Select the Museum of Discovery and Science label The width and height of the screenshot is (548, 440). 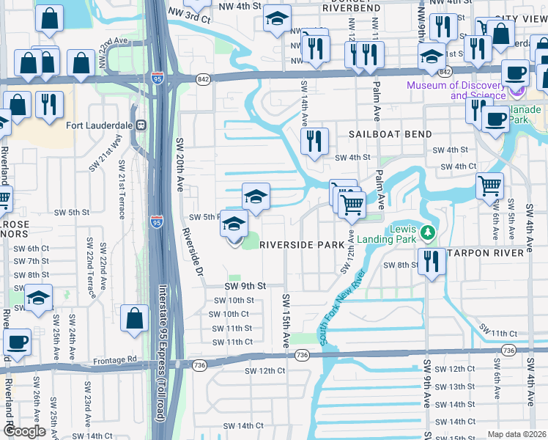coord(456,90)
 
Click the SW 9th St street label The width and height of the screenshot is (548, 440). coord(244,285)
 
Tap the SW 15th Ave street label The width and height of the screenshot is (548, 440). coord(285,320)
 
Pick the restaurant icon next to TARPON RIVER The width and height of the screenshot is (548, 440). coord(432,261)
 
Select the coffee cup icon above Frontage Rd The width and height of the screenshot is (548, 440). coord(17,341)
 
